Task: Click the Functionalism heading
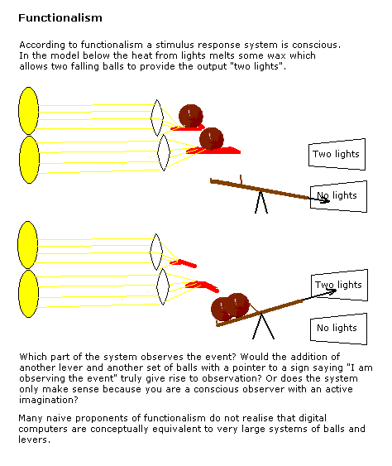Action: click(x=60, y=18)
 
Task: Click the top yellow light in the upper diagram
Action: click(x=28, y=111)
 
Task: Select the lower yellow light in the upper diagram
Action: click(x=29, y=160)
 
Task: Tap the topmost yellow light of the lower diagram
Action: click(x=27, y=245)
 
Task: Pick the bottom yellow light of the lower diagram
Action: click(x=28, y=294)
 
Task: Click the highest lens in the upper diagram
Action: click(x=157, y=118)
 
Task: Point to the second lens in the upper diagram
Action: click(x=164, y=153)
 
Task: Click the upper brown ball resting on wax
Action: click(x=191, y=116)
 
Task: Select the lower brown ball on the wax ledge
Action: click(x=212, y=139)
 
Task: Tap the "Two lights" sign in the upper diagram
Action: click(x=337, y=154)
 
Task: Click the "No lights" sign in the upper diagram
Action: click(x=338, y=196)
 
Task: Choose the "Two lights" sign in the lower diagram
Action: click(x=339, y=286)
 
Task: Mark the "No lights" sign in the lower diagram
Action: click(x=338, y=329)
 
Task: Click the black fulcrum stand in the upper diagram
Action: click(x=261, y=203)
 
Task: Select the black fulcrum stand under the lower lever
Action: click(x=263, y=326)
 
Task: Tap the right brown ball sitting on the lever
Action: click(x=237, y=305)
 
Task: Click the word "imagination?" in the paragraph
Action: click(x=49, y=400)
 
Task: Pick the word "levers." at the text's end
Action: click(x=34, y=440)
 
